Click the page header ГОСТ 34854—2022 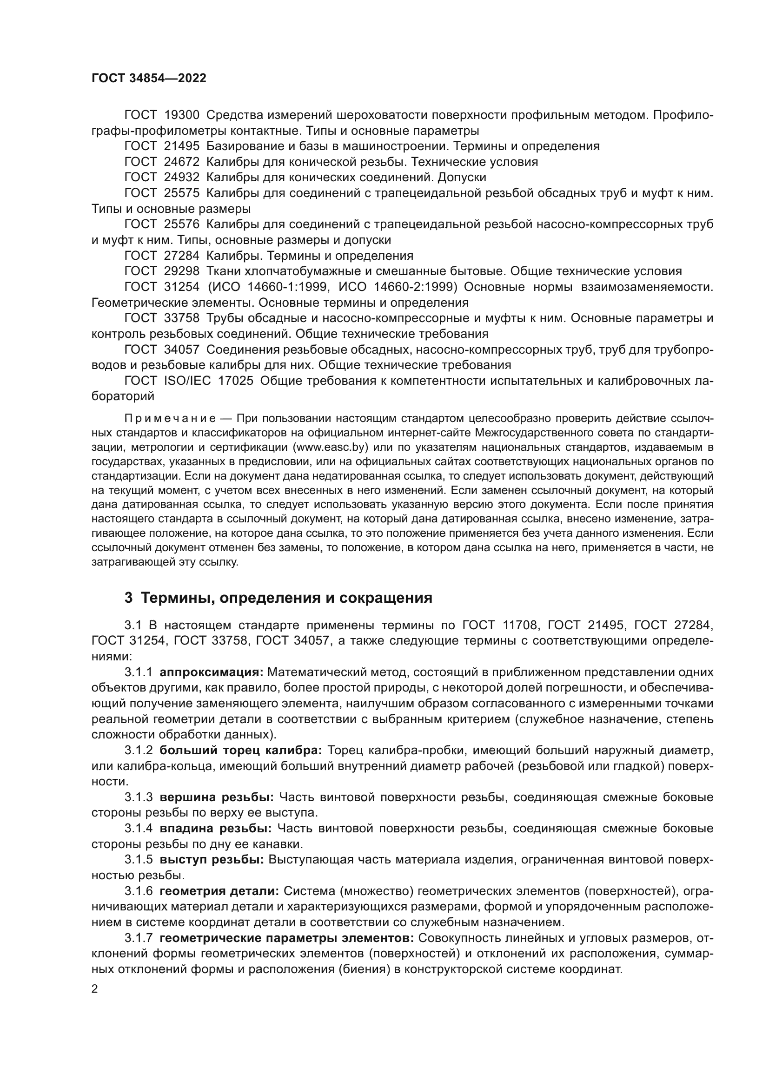pos(149,79)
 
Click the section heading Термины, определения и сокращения pos(286,598)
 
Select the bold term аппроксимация pos(211,672)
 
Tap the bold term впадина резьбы pos(215,829)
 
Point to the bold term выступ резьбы pos(212,860)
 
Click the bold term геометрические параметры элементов pos(287,938)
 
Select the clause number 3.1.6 pos(139,891)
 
